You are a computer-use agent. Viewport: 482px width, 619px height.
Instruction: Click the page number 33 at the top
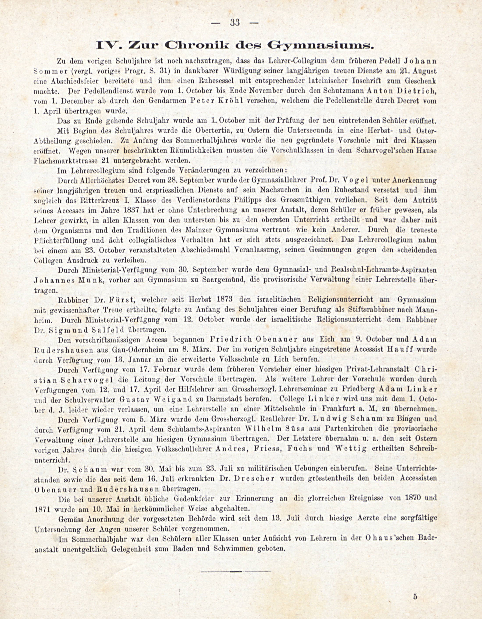click(235, 23)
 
